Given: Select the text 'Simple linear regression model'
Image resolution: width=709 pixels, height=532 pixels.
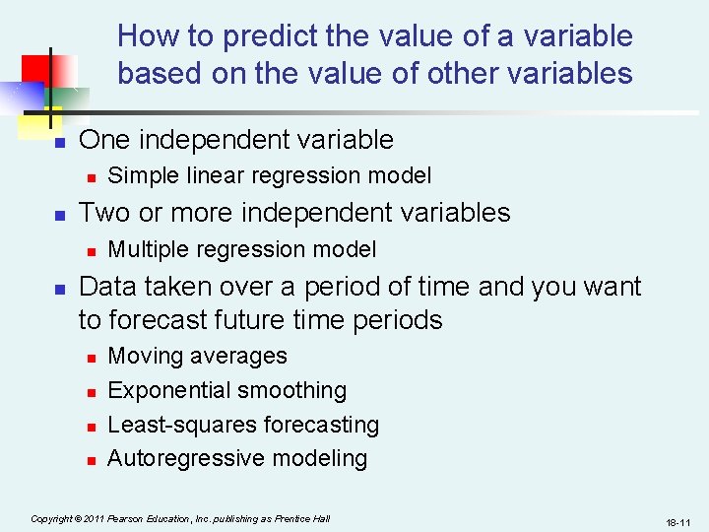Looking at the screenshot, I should coord(269,176).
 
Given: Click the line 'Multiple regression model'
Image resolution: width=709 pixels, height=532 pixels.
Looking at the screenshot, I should coord(241,250).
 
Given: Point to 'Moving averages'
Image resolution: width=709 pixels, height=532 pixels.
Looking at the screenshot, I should coord(197,357).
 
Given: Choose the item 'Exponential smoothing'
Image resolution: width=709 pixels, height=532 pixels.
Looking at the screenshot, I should coord(226,391).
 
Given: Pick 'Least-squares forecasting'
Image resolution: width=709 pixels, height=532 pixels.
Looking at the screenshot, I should coord(242,426).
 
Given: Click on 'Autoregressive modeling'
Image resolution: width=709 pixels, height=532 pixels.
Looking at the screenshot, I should coord(236,459).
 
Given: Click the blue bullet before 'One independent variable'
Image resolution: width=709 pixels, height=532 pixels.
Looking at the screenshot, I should coord(58,143).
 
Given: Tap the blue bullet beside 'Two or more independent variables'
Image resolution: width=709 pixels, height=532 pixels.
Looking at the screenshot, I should coord(58,215).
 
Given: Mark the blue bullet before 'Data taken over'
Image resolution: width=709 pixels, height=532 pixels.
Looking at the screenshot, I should coord(58,289).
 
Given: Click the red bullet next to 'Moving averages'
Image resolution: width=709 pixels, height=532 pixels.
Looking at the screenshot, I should coord(90,358).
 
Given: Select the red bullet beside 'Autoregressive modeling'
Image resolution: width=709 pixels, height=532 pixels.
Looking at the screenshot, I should coord(90,460).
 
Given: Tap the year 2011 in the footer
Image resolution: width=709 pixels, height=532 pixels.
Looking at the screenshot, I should coord(93,518).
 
